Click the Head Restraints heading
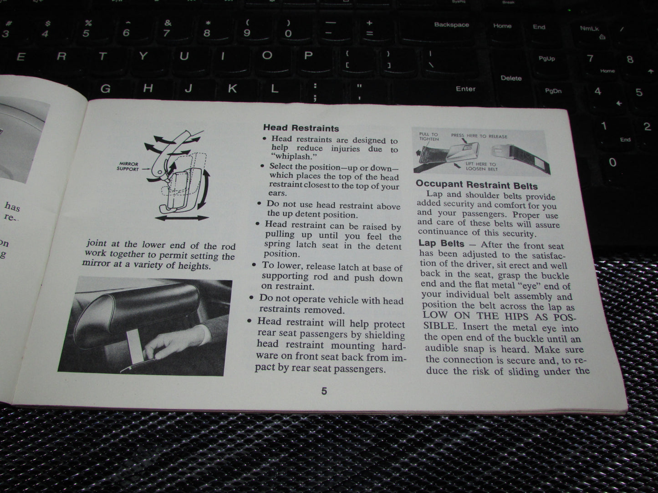301,128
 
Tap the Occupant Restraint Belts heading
476,185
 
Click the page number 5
324,391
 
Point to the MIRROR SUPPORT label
128,166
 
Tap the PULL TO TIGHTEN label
428,136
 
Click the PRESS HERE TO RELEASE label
479,136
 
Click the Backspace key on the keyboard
451,25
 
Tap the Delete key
511,78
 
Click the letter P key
308,56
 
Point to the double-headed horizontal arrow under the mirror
182,219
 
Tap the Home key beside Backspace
502,26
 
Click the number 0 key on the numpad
612,162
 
